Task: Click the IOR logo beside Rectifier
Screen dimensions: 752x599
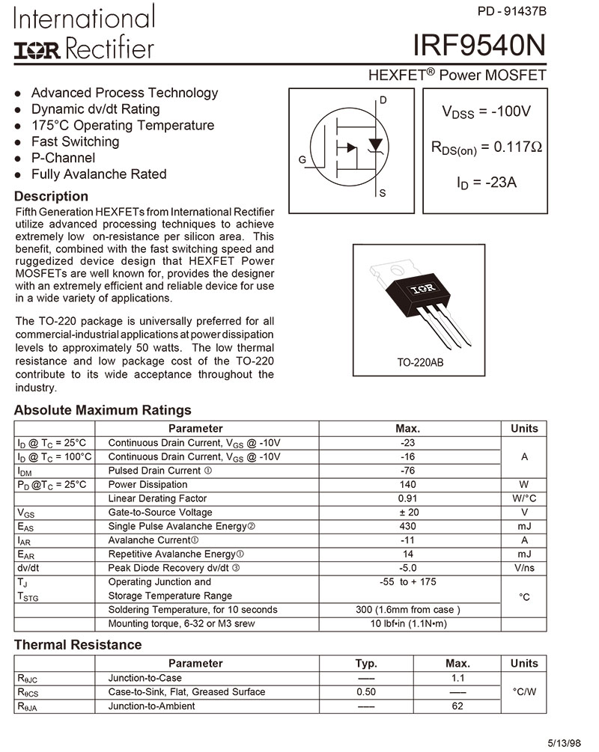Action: pos(37,49)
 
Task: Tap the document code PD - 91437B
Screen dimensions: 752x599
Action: pos(511,11)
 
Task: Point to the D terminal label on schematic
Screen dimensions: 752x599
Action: pos(383,100)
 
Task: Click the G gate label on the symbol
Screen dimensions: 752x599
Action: pos(302,160)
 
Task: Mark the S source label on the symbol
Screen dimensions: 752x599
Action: pos(383,194)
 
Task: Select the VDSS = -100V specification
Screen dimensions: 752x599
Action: pos(486,112)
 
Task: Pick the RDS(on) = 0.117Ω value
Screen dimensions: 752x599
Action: pos(486,147)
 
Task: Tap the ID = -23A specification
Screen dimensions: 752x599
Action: pos(486,182)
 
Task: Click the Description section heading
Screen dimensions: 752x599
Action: pos(51,197)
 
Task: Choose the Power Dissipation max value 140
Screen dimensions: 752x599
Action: pos(408,485)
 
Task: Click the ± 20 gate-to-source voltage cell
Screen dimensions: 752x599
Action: pos(408,513)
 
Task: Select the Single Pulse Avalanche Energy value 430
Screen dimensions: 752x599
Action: pos(408,527)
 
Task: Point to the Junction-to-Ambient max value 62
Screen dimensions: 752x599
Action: pos(458,706)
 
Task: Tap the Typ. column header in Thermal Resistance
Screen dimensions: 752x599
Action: pos(366,664)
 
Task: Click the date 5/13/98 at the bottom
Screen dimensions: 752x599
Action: pos(563,743)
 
